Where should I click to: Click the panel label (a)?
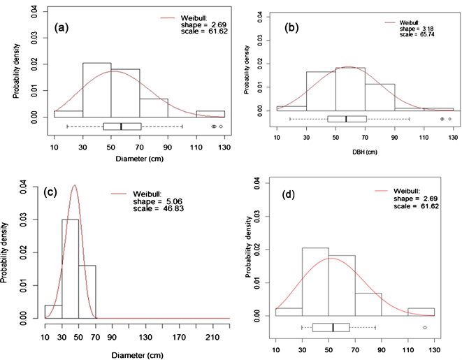(x=65, y=30)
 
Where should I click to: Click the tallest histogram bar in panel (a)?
(x=96, y=89)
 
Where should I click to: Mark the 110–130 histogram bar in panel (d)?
(x=421, y=312)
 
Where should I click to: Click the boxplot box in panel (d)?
(x=331, y=327)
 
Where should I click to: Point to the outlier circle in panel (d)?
(x=425, y=327)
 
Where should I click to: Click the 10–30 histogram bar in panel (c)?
(x=53, y=311)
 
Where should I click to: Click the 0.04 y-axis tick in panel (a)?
(x=39, y=11)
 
